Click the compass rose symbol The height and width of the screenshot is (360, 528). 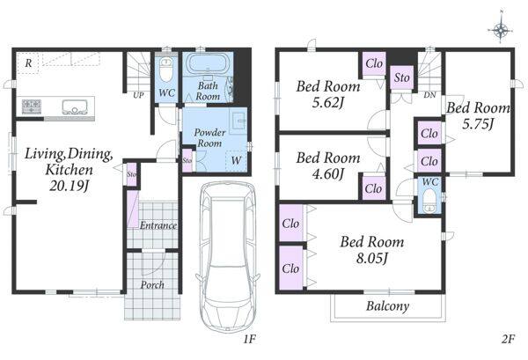(501, 30)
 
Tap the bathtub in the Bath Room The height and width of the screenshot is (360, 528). (208, 62)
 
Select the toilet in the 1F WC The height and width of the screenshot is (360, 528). (165, 69)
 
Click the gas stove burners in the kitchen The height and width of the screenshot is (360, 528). (32, 107)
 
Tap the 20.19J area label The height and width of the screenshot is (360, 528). (69, 186)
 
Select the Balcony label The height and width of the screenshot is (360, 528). (388, 306)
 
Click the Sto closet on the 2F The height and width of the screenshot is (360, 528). (402, 77)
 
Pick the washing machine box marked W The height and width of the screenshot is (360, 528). (236, 161)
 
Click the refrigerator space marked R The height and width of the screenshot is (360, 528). (28, 62)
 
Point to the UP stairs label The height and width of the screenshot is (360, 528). (138, 95)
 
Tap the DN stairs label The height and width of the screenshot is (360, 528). (429, 95)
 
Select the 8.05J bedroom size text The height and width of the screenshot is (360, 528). (372, 259)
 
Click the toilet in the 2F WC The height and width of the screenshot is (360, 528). (429, 200)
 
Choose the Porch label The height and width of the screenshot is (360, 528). (152, 285)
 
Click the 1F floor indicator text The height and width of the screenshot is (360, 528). (250, 340)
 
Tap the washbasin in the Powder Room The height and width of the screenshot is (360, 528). (238, 121)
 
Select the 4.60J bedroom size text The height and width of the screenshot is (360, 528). (328, 174)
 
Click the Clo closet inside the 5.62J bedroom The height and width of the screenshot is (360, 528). (374, 63)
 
